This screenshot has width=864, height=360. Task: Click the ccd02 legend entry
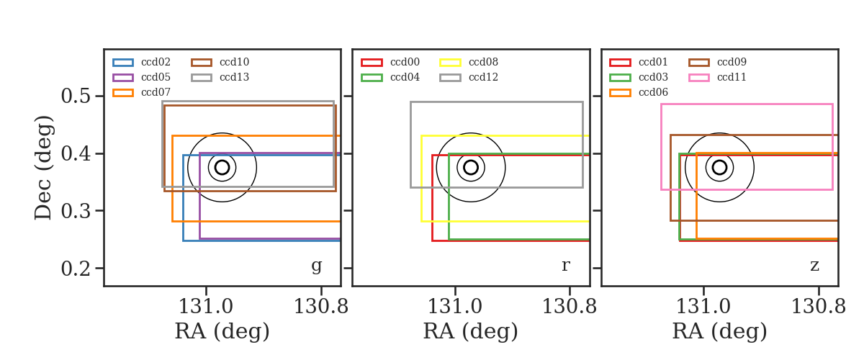(x=142, y=62)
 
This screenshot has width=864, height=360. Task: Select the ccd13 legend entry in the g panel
(x=220, y=77)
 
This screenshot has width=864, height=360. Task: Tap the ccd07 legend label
(x=156, y=92)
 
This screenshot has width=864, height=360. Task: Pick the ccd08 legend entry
(x=469, y=62)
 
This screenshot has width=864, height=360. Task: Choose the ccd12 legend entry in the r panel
(x=469, y=77)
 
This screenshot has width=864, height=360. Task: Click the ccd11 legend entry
(x=717, y=77)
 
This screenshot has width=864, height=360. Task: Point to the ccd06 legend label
(x=653, y=92)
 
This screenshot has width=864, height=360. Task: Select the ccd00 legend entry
(x=390, y=62)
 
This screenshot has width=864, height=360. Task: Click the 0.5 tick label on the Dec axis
(x=76, y=96)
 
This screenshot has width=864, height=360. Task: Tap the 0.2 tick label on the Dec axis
(x=76, y=268)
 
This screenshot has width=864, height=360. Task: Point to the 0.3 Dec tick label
(x=76, y=211)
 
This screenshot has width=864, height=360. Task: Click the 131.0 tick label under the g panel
(x=206, y=307)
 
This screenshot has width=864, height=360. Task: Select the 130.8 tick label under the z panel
(x=818, y=307)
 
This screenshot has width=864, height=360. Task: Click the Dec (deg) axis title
(x=42, y=168)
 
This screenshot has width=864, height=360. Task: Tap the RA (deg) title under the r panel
(x=471, y=331)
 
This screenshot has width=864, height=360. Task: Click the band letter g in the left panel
(x=316, y=266)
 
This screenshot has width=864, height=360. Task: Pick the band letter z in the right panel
(x=814, y=266)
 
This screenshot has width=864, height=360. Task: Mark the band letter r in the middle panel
(x=565, y=266)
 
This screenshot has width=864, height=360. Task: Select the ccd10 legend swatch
(x=202, y=63)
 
